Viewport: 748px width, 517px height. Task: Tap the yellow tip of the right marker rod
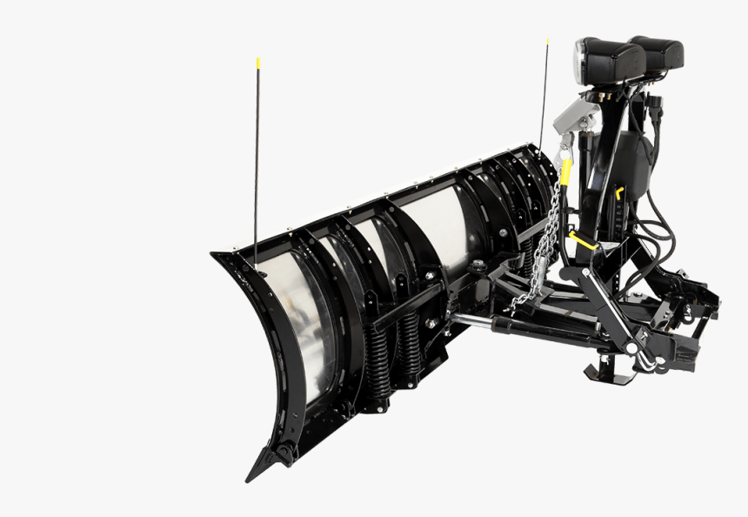click(548, 41)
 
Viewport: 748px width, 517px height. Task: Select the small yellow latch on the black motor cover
click(620, 191)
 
